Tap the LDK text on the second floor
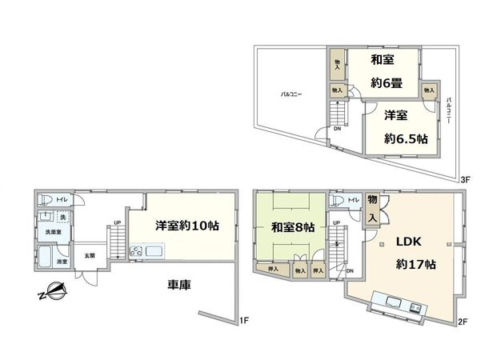[x=407, y=241]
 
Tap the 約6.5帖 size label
[x=403, y=138]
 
